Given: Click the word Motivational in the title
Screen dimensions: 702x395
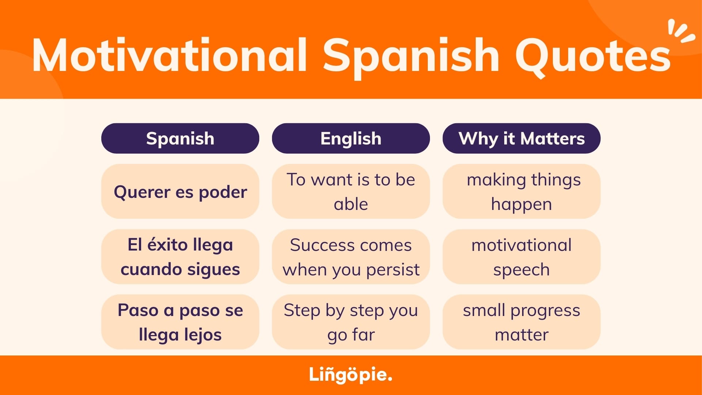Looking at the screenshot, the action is click(x=169, y=55).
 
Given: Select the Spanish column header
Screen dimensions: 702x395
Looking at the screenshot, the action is click(x=180, y=138).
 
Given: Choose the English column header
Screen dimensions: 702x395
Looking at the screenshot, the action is click(x=351, y=138).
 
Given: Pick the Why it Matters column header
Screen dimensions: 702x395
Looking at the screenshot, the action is click(x=522, y=138).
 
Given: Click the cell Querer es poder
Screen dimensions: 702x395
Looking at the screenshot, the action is click(x=180, y=191).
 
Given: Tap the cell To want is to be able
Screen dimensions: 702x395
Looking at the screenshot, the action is click(x=351, y=191).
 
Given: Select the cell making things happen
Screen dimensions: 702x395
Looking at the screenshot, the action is click(x=522, y=191).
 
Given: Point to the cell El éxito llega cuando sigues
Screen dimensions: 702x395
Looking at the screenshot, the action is click(x=180, y=257).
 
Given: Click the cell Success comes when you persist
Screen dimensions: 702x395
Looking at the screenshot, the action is click(x=351, y=257).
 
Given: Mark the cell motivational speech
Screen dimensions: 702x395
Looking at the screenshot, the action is click(x=522, y=257).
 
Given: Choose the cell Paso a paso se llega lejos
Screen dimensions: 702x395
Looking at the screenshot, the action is click(x=180, y=322).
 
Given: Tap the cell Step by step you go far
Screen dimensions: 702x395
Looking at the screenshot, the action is click(x=351, y=322).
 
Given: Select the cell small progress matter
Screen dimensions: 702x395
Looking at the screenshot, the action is click(x=522, y=322).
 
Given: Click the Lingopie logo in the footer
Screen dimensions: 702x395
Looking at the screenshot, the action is click(x=351, y=375).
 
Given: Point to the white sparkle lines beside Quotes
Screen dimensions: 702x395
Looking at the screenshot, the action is click(x=681, y=31).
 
